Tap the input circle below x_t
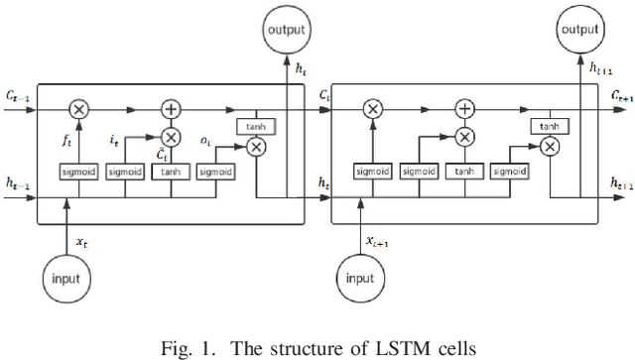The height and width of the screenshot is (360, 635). [x=66, y=280]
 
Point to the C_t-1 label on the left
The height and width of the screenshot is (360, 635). [x=16, y=95]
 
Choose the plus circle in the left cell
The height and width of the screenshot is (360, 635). [x=171, y=108]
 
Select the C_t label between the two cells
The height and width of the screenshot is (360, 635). [x=324, y=94]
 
